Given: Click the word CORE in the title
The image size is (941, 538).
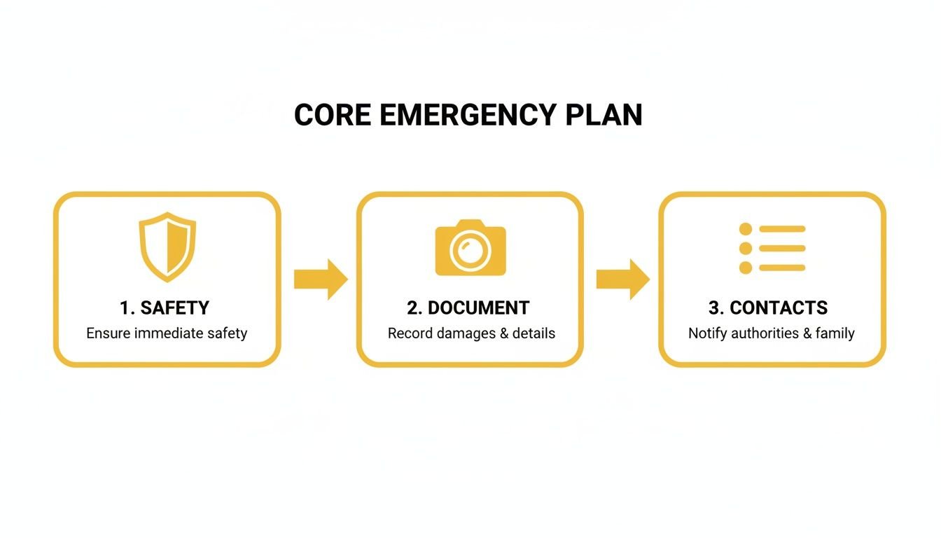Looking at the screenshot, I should coord(333,115).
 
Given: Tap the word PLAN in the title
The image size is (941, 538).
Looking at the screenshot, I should coord(604,115).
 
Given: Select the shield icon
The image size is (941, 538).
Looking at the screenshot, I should coord(167,247).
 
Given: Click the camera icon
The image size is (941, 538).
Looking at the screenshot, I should coord(470,248).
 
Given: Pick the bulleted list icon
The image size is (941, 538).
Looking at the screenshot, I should coord(772,248).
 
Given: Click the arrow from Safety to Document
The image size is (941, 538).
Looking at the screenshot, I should coord(321,279).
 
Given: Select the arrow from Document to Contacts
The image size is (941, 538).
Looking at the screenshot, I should coord(622,279).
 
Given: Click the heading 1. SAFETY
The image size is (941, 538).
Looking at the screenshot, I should coord(165,308).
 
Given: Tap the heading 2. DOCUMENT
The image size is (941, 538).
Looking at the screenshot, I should coord(468,308).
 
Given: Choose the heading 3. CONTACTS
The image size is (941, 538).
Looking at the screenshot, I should coord(768,308).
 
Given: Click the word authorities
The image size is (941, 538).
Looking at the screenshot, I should coord(765,333).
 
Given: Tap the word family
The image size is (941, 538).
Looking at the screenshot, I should coord(835,333).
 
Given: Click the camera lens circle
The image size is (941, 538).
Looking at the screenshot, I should coord(470,251).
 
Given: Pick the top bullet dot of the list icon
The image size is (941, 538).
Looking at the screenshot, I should coord(746,229).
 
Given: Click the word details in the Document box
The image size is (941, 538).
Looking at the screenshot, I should coord(534,333).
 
